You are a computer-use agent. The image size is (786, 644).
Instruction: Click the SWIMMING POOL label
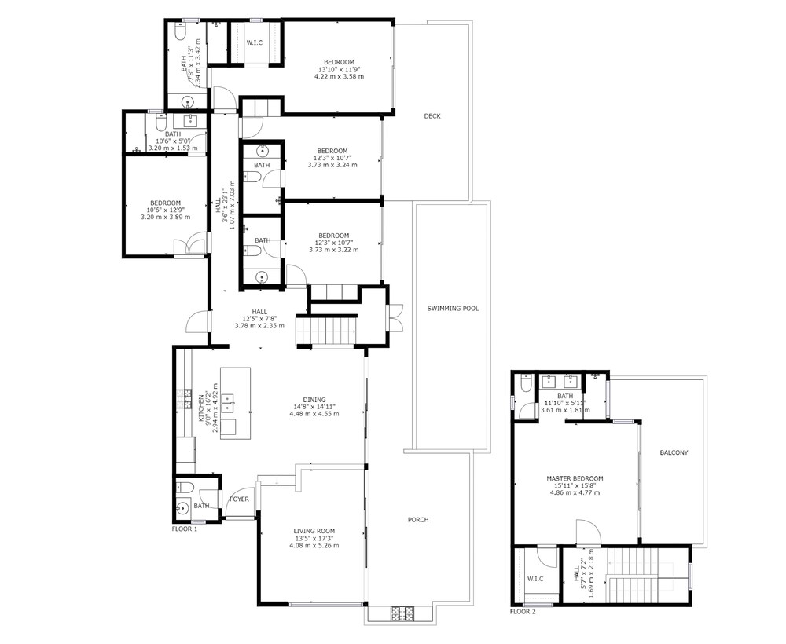click(453, 309)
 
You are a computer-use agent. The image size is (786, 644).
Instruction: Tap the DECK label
click(432, 116)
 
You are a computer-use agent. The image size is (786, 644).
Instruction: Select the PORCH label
click(418, 520)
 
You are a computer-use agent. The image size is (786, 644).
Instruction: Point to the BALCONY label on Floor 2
click(674, 452)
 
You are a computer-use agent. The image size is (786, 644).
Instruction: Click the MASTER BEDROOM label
click(575, 479)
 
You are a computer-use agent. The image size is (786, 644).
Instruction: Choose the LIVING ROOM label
click(314, 532)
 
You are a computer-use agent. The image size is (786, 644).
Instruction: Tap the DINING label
click(314, 400)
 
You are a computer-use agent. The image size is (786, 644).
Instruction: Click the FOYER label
click(239, 499)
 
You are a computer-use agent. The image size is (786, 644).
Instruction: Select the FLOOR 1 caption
click(185, 529)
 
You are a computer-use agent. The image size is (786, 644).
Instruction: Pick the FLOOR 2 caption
click(523, 612)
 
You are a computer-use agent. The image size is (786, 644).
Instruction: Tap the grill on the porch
click(402, 612)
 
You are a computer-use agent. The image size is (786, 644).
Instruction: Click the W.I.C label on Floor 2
click(535, 579)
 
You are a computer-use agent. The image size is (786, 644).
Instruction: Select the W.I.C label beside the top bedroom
click(255, 42)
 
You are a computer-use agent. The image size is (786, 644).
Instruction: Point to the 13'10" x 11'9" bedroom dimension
click(340, 70)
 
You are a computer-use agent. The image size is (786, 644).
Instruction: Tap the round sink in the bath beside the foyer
click(182, 508)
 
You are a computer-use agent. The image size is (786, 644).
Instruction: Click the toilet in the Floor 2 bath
click(526, 382)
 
